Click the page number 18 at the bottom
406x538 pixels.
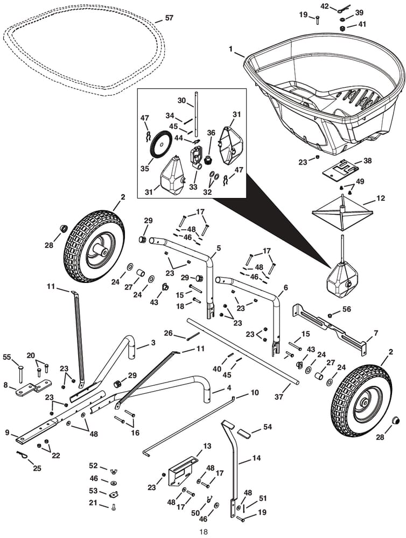[x=203, y=532]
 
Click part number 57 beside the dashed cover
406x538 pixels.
[x=169, y=18]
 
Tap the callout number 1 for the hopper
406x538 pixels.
[x=230, y=49]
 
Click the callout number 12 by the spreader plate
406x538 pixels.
[x=381, y=199]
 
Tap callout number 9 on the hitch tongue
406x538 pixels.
[x=8, y=431]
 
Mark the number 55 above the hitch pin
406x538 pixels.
[x=8, y=357]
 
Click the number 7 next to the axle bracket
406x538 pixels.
[x=376, y=333]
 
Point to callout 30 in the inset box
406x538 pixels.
[x=181, y=101]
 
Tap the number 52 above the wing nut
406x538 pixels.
[x=94, y=465]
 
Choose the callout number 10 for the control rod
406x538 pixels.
[x=255, y=393]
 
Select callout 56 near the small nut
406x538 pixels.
[x=347, y=308]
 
